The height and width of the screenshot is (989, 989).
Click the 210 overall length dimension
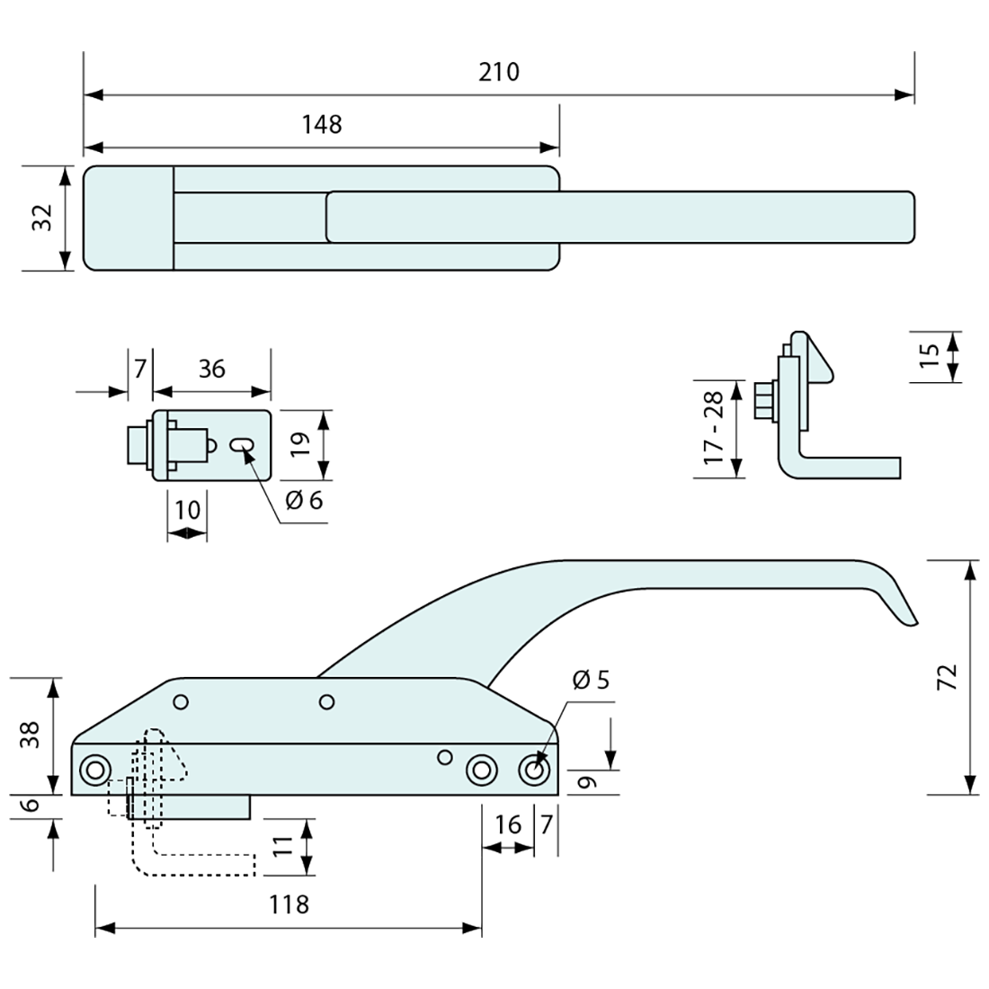[499, 72]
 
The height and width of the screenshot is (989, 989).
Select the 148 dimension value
[322, 124]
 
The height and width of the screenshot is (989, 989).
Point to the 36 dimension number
[211, 369]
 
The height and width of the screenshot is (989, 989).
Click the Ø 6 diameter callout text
[304, 500]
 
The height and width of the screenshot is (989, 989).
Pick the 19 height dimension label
[300, 444]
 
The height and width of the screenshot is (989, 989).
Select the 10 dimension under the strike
[187, 511]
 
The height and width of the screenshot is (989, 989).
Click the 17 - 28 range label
[716, 428]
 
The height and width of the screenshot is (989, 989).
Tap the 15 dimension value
[931, 355]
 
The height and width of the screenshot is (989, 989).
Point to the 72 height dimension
[947, 677]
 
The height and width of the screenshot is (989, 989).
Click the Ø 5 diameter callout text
[589, 680]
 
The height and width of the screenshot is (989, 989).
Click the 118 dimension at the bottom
[288, 904]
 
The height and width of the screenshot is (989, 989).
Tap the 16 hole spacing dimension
[508, 824]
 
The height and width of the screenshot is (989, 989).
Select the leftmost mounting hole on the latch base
[94, 770]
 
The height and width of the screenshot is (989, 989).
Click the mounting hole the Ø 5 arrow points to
[535, 771]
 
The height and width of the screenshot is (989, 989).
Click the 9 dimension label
[585, 782]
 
